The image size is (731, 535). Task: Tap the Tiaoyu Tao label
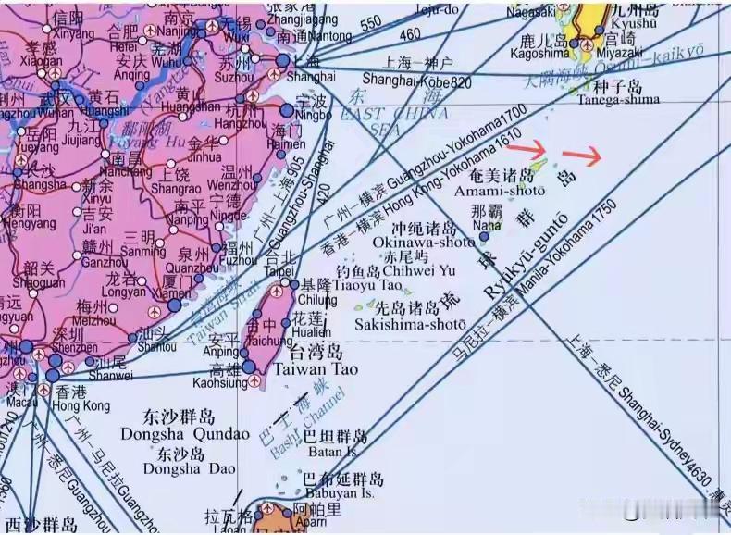click(x=357, y=287)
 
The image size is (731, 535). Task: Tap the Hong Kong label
click(x=82, y=405)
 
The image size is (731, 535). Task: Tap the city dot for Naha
click(x=484, y=237)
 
